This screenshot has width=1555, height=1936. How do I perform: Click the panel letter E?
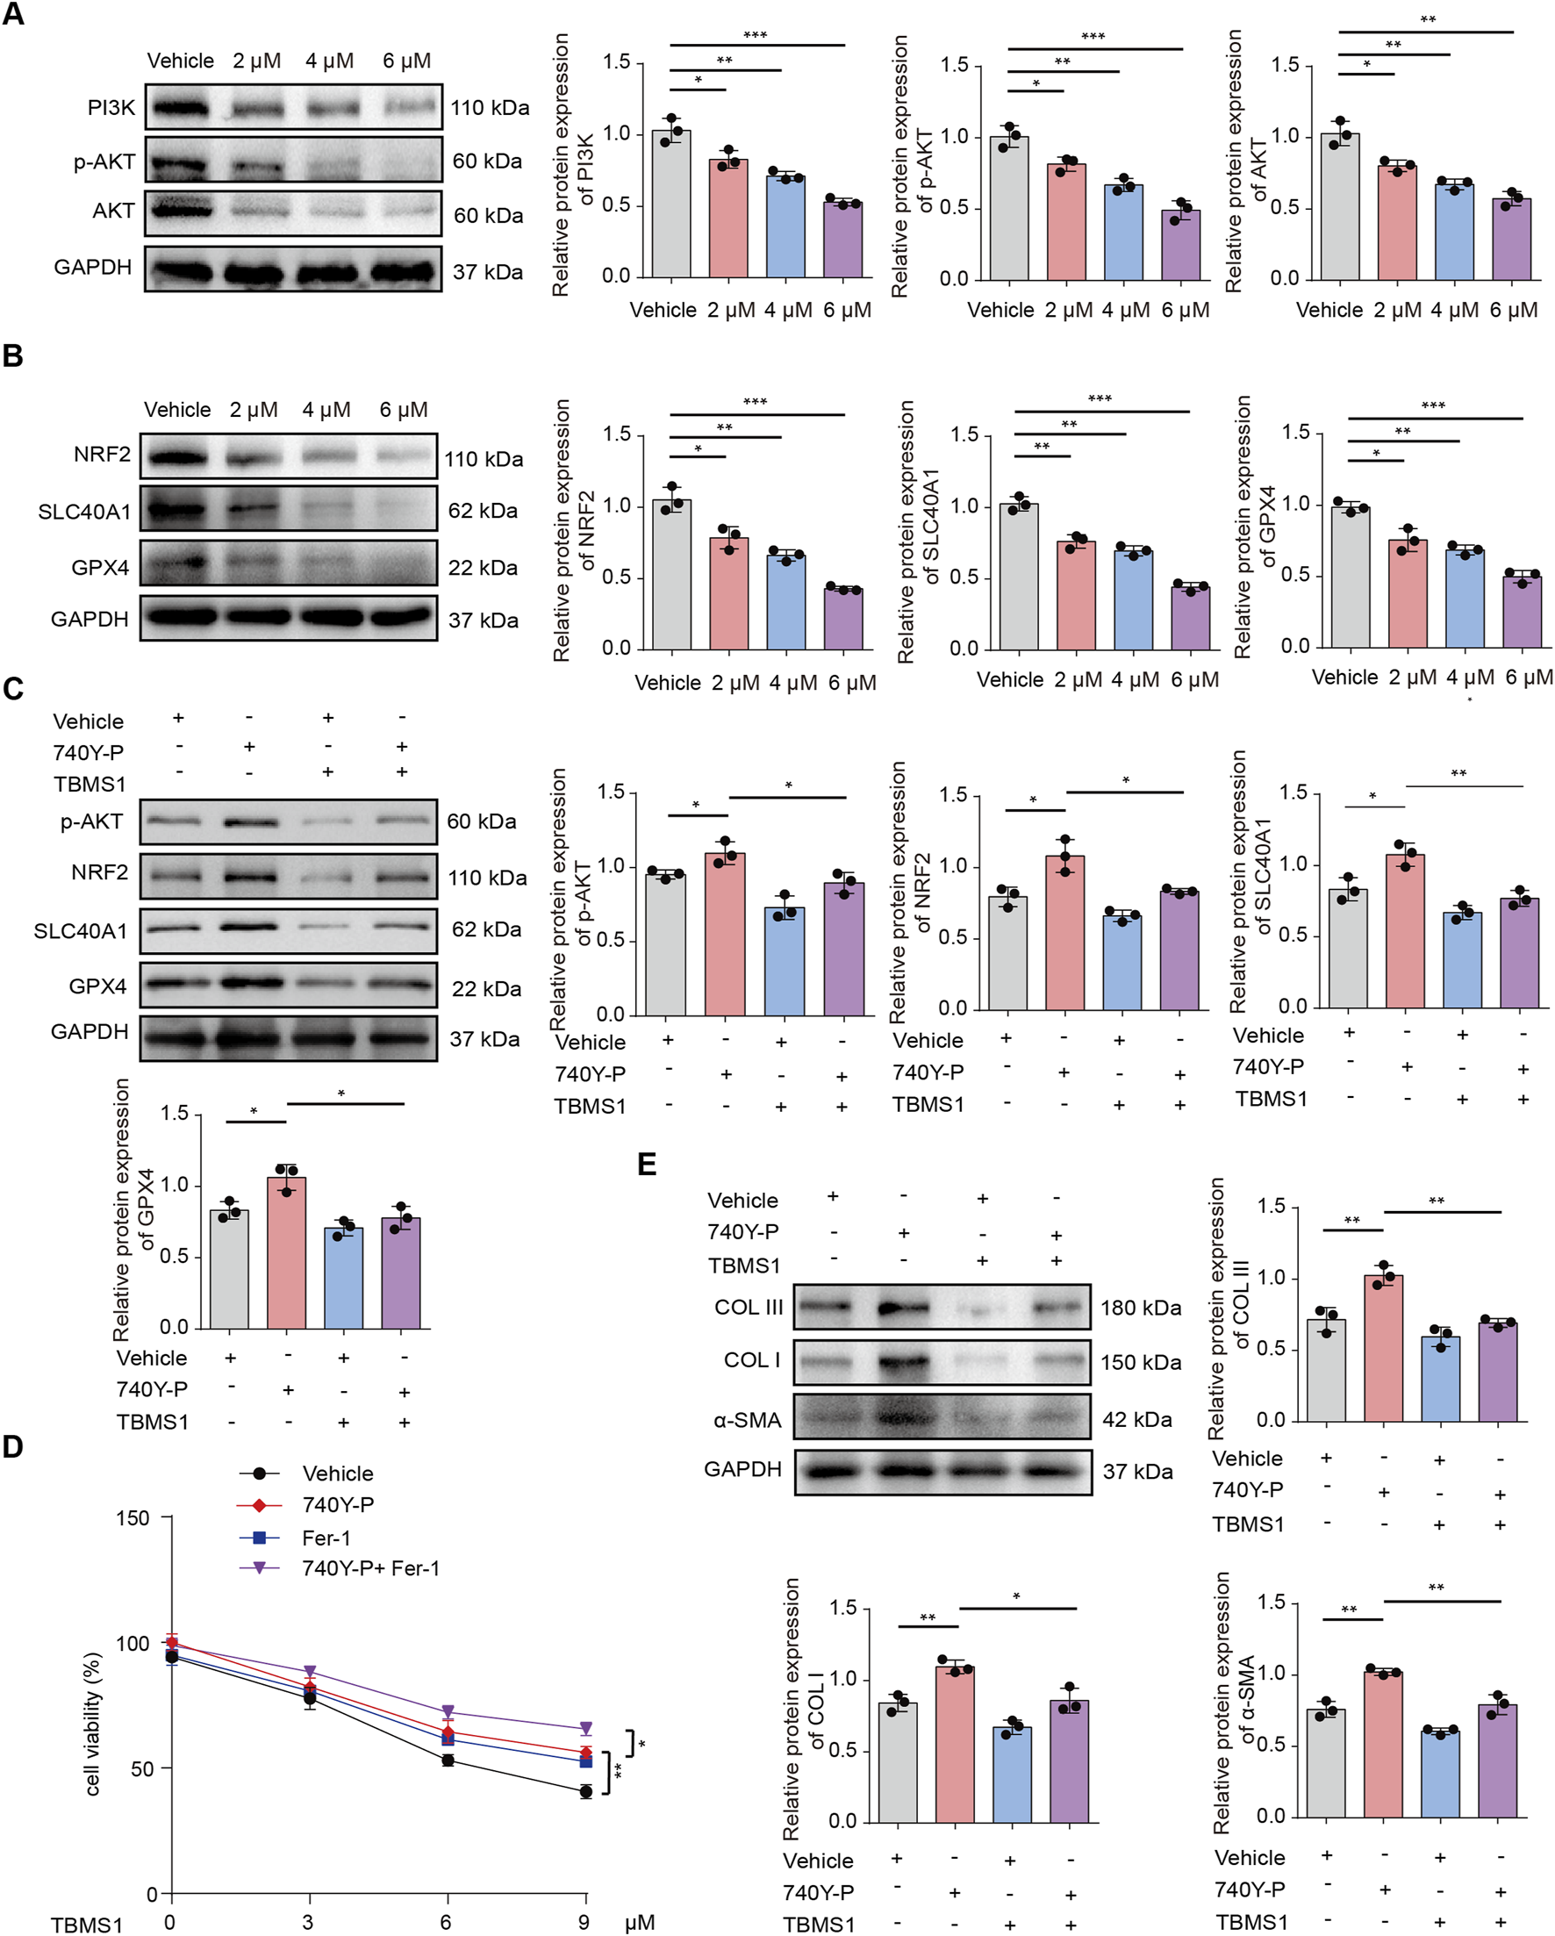[647, 1165]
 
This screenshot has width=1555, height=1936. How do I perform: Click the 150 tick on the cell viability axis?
[133, 1517]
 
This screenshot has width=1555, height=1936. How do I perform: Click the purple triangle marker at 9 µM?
[585, 1728]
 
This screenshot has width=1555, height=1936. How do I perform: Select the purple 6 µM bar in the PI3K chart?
[843, 240]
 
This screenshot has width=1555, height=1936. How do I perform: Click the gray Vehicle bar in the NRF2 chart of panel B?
[671, 575]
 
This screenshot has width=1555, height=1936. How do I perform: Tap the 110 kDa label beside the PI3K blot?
[490, 108]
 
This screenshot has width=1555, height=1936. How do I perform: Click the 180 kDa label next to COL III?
[1140, 1309]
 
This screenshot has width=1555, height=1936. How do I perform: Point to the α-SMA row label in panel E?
[747, 1420]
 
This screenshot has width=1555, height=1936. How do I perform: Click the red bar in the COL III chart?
[1384, 1348]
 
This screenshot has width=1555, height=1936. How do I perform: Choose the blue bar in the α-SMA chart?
[1440, 1774]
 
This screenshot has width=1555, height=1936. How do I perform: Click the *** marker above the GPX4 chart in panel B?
[1433, 405]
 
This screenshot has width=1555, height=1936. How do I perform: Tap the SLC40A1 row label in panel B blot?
[84, 512]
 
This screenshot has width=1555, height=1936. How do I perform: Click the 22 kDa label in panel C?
[485, 989]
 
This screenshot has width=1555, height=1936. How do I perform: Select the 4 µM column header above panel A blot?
[329, 61]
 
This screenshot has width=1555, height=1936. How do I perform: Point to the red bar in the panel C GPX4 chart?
[286, 1252]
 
